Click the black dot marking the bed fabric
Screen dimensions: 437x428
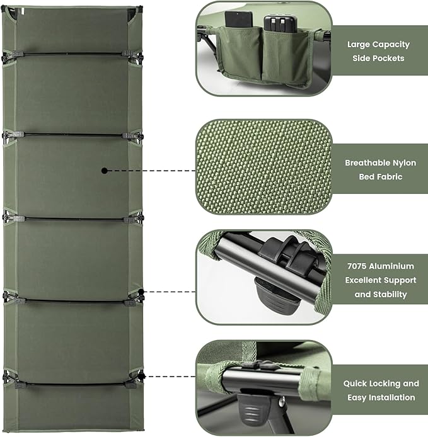pyautogui.click(x=105, y=170)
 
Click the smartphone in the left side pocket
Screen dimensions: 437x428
pyautogui.click(x=239, y=21)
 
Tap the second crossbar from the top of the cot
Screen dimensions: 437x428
pyautogui.click(x=72, y=134)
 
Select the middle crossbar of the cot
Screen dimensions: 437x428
pyautogui.click(x=72, y=219)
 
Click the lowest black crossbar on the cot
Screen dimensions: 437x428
pyautogui.click(x=72, y=382)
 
